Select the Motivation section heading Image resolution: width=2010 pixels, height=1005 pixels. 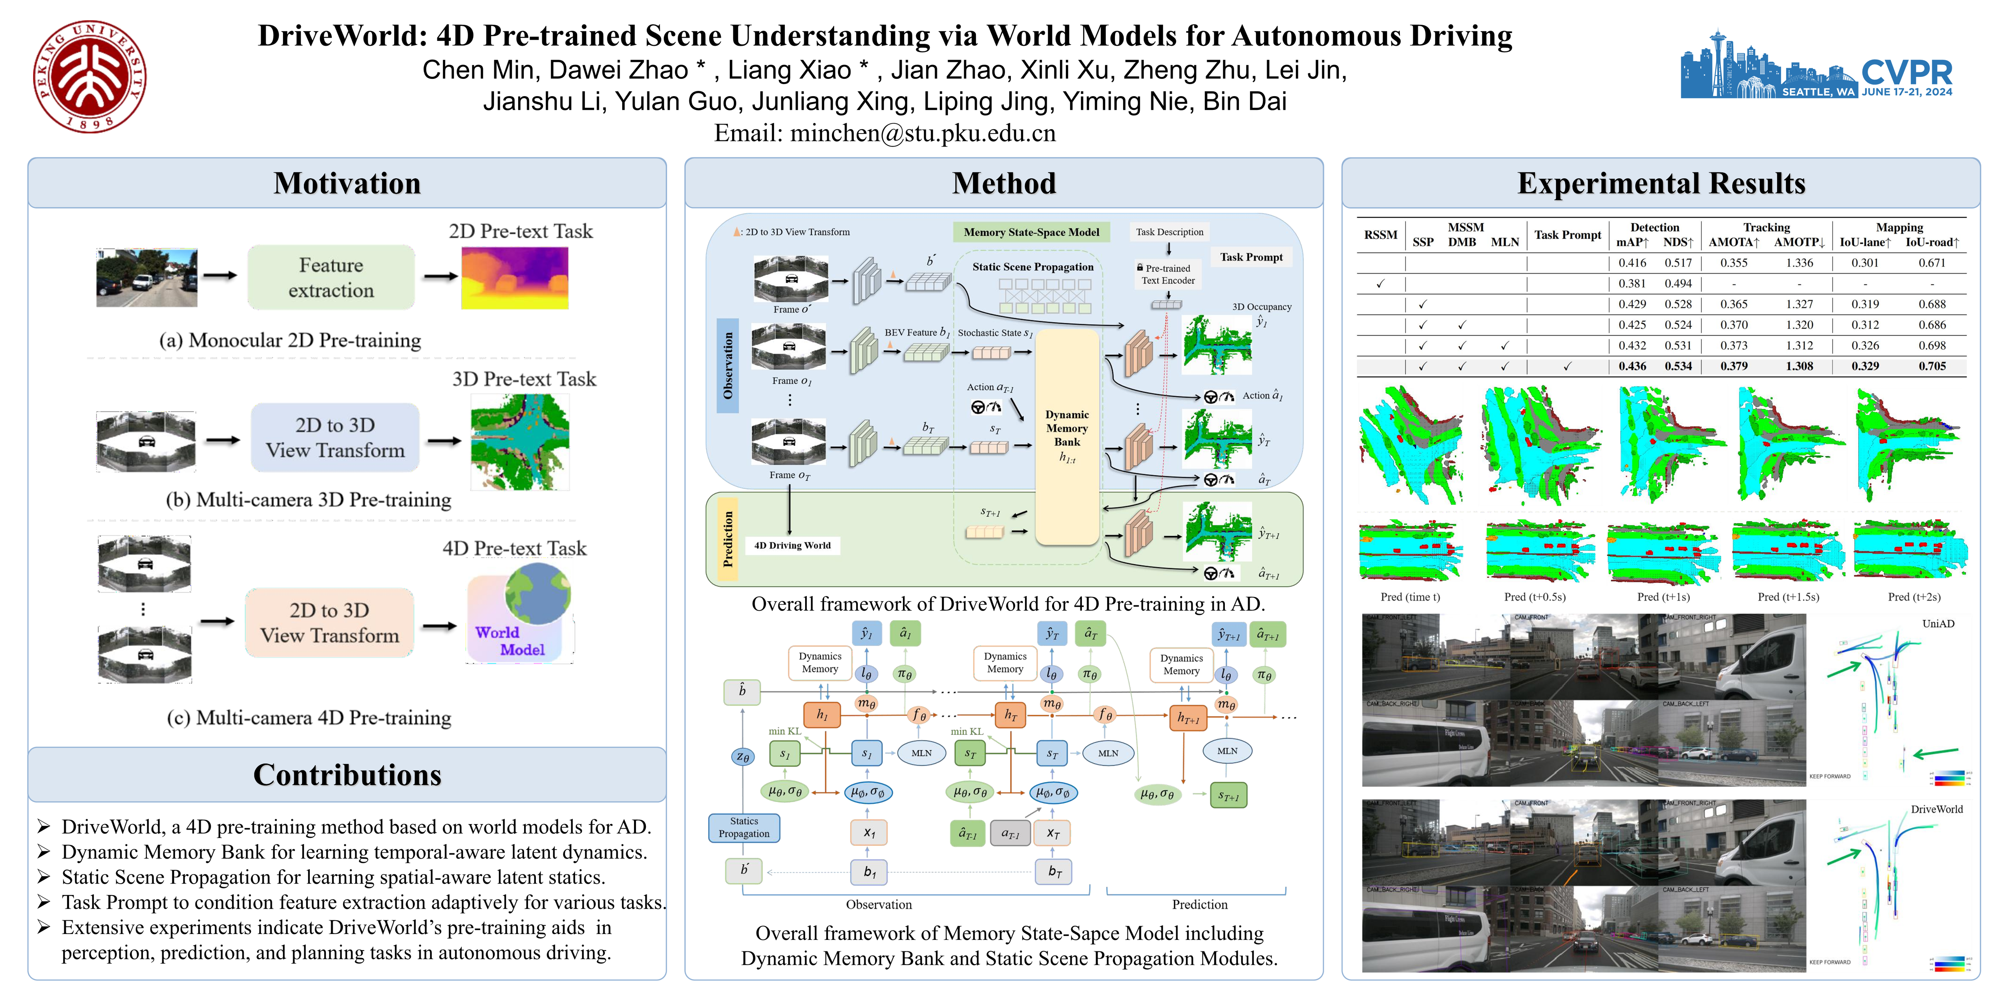[x=347, y=183]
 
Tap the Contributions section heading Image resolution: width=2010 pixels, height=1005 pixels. [x=347, y=775]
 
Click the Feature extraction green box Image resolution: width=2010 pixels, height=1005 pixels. [x=331, y=278]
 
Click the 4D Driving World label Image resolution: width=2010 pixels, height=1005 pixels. [x=792, y=545]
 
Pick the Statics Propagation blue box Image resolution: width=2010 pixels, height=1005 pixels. [x=744, y=827]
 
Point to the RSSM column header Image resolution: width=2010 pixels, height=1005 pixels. [x=1380, y=235]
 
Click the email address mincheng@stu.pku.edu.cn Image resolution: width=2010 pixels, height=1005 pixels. [x=923, y=133]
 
